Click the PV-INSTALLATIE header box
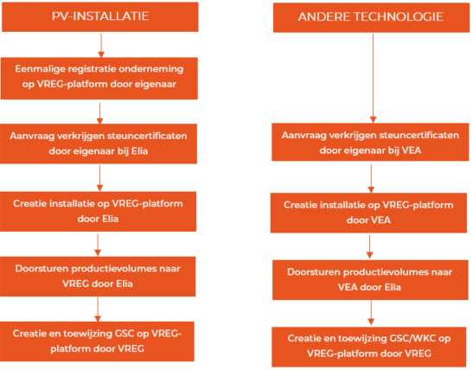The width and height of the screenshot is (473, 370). click(100, 17)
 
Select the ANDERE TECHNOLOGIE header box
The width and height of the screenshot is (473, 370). click(371, 17)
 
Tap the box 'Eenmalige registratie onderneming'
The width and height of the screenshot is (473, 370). click(99, 79)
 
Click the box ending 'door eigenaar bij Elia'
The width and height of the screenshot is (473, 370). click(99, 144)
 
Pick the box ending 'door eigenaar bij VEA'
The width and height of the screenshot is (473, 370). click(370, 142)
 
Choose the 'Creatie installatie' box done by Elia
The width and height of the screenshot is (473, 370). click(98, 212)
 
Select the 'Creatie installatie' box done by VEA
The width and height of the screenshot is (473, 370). click(368, 213)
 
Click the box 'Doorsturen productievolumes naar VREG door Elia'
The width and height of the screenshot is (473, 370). click(98, 277)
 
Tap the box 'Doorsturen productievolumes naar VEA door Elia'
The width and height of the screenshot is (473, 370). click(370, 280)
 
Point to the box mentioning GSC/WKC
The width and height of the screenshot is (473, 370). click(369, 347)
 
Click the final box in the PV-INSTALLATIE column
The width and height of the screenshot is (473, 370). click(97, 341)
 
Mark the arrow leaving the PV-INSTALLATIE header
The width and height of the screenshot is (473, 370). click(101, 45)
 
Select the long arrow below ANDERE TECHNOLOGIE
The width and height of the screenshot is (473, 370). click(374, 78)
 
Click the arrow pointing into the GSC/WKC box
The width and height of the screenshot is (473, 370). click(371, 313)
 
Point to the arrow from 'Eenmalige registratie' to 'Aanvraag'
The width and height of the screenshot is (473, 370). click(99, 113)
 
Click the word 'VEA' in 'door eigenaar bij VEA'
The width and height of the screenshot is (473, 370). click(412, 150)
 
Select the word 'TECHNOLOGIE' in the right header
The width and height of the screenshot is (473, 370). click(399, 17)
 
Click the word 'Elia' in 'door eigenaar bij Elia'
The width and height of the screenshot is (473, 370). click(140, 150)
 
